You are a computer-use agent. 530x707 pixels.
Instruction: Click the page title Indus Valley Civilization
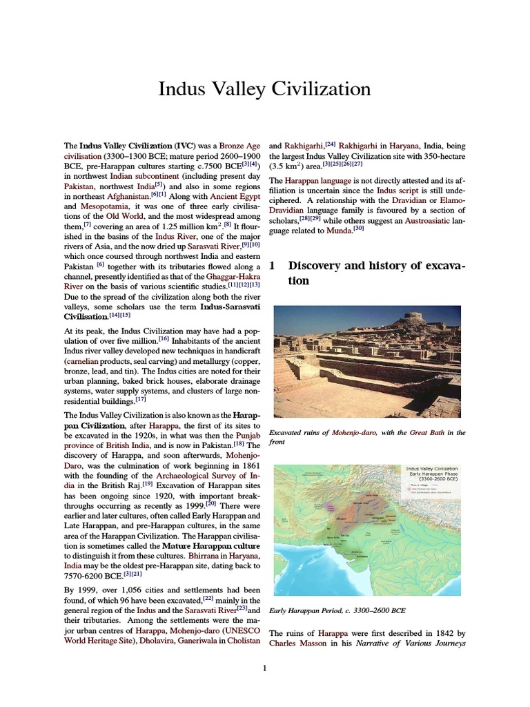click(264, 89)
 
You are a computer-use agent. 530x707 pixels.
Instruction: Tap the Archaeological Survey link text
click(199, 475)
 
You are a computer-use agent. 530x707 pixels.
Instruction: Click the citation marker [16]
click(164, 339)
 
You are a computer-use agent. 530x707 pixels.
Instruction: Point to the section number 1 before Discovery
click(272, 266)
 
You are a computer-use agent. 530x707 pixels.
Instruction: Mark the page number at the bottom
click(264, 668)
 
